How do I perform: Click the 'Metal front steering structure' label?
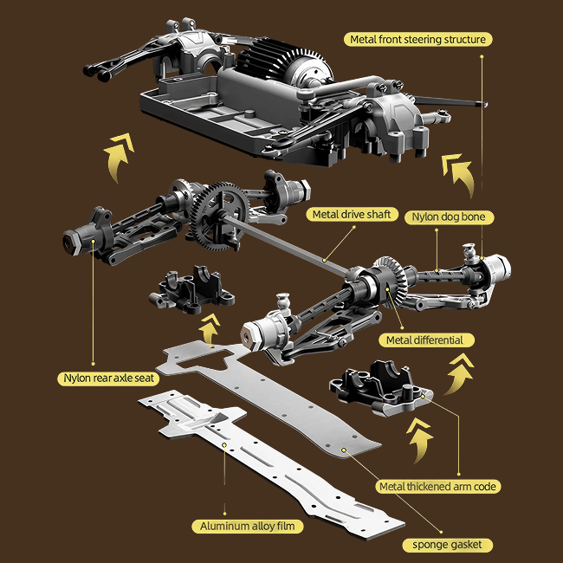[x=418, y=39]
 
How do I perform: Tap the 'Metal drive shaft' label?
[x=353, y=214]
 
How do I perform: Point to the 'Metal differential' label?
[x=424, y=340]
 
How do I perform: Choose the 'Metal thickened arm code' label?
[x=438, y=486]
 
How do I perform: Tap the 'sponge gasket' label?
[x=447, y=544]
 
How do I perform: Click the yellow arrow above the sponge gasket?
[x=421, y=440]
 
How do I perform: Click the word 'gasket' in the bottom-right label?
[x=465, y=544]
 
